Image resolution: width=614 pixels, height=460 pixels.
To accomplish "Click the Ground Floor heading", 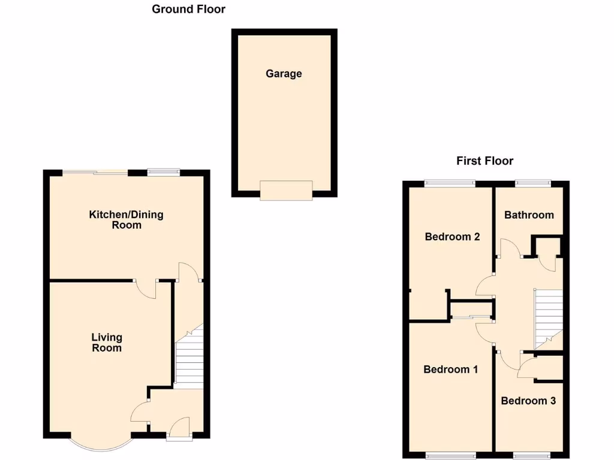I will coord(188,9).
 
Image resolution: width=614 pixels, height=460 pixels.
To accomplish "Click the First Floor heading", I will coord(484,161).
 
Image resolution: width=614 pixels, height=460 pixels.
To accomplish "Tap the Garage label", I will coord(284,74).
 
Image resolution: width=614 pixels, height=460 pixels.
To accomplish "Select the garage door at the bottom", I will coord(286,190).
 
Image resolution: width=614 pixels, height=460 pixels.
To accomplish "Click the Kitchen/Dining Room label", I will coord(126,220).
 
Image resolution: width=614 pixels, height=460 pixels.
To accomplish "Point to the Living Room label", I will coord(107,343).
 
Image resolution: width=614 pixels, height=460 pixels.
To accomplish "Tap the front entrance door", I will coord(179,436).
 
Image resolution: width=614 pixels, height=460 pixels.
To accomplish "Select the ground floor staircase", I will coord(189,359).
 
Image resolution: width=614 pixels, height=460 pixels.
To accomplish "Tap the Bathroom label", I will coord(529,215).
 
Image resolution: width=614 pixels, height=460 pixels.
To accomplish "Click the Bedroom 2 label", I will coord(452,237).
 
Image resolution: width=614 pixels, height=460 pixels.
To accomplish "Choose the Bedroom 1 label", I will coord(450,370).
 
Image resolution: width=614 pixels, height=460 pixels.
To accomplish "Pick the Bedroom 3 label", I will coord(528,401).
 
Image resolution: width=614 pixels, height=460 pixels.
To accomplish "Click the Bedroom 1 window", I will coord(451,455).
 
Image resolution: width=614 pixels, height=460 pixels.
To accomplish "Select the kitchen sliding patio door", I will coord(96,172).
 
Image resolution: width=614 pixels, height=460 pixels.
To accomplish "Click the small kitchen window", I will coord(164,172).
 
